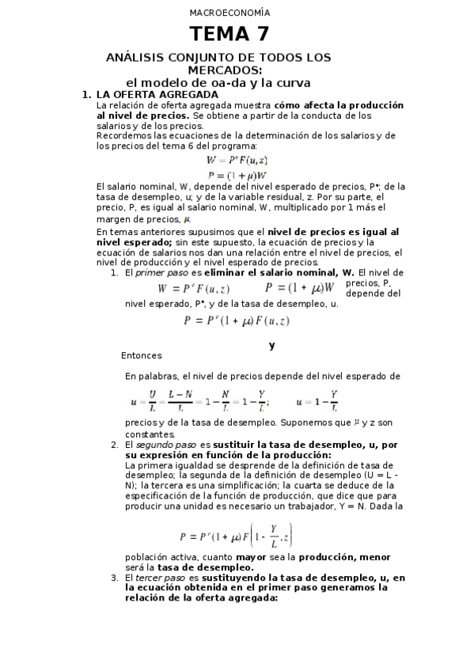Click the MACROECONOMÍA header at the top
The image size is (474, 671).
tap(229, 13)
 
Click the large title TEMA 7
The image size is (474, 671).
tap(229, 34)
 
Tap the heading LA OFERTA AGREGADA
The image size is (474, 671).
tap(151, 95)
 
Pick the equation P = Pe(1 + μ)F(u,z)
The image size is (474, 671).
tap(236, 320)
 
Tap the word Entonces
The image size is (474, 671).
tap(142, 355)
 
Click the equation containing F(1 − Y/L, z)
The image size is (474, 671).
tap(236, 536)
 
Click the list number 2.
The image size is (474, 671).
tap(115, 445)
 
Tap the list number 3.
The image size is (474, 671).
tap(115, 578)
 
